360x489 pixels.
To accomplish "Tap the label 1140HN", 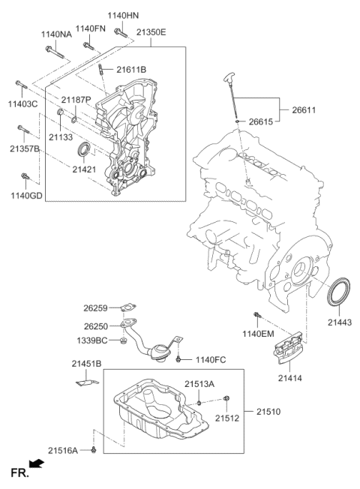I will pos(124,15).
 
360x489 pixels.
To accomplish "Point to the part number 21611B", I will pos(131,70).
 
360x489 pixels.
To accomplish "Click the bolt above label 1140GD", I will pos(25,178).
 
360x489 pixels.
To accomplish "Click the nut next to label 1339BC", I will pos(123,342).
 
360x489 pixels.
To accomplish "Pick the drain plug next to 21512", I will pos(228,397).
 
